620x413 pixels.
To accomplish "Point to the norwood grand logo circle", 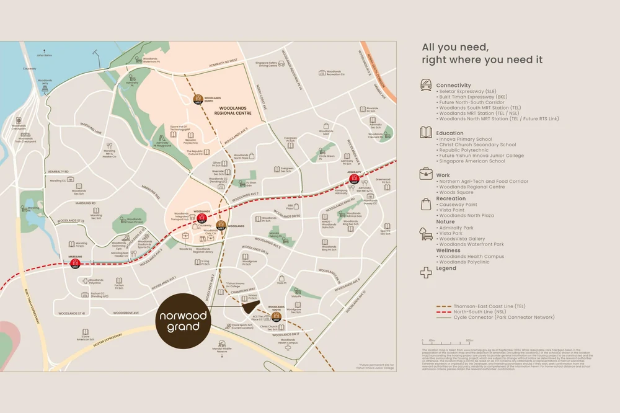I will click(182, 321).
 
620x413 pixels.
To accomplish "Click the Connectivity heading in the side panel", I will click(453, 86).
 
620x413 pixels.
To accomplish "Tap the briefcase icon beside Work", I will click(426, 175).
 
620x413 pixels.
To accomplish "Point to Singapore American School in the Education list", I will click(471, 161).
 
